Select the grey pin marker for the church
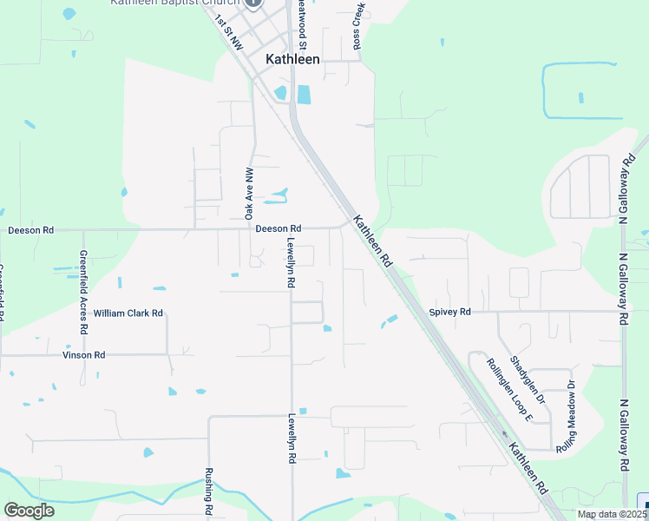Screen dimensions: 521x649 click(253, 3)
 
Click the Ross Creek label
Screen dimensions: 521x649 click(357, 26)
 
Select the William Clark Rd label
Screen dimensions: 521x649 click(128, 313)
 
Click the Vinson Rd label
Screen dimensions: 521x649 click(83, 355)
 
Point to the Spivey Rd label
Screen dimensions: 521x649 click(449, 312)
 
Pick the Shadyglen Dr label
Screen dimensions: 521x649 click(527, 379)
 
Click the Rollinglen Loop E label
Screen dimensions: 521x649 click(508, 389)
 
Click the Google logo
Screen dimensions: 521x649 click(29, 511)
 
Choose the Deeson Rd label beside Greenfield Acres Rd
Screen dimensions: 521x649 click(31, 230)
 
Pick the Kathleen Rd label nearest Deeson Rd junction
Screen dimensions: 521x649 click(374, 241)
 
